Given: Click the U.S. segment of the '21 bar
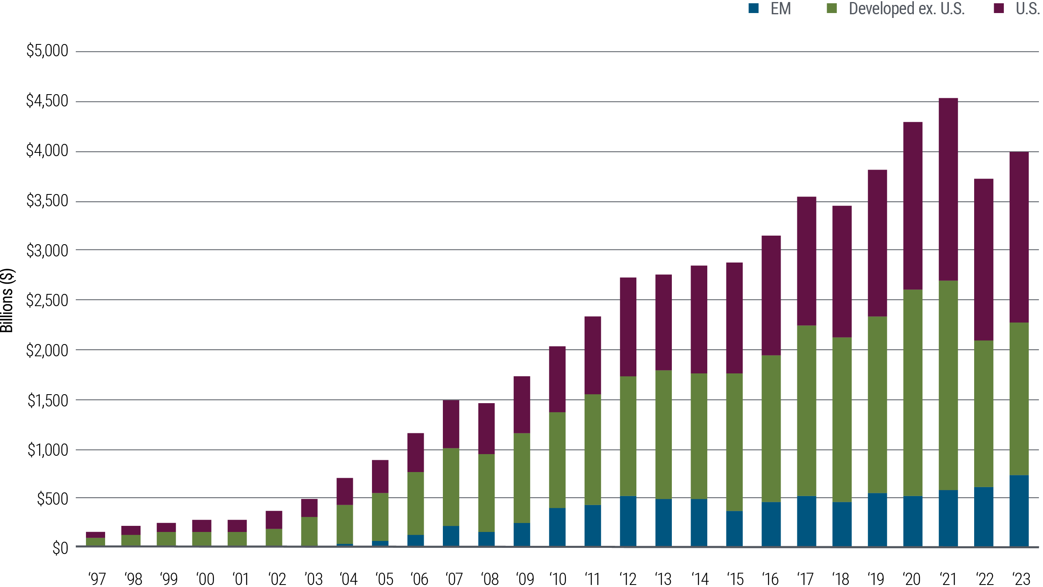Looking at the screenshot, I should pyautogui.click(x=948, y=189).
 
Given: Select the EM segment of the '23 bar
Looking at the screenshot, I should pyautogui.click(x=1019, y=510).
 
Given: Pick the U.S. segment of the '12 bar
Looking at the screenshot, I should pyautogui.click(x=628, y=327).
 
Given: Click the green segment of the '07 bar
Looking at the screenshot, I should pyautogui.click(x=451, y=487).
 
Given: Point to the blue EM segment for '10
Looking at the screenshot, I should pyautogui.click(x=557, y=527).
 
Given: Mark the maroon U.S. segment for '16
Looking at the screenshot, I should pyautogui.click(x=771, y=295).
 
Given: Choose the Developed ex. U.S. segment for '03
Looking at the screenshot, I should pyautogui.click(x=309, y=531).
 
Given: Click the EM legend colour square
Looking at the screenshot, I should pyautogui.click(x=753, y=8).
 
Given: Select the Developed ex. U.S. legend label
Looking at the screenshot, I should pyautogui.click(x=907, y=8).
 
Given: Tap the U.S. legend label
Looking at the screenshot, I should pyautogui.click(x=1027, y=8).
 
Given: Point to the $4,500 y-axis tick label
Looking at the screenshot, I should pyautogui.click(x=47, y=101).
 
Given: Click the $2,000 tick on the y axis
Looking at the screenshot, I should pyautogui.click(x=47, y=350).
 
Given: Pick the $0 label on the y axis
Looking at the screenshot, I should pyautogui.click(x=60, y=548).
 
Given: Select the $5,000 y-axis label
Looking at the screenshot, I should pyautogui.click(x=47, y=51).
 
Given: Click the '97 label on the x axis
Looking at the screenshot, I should pyautogui.click(x=97, y=579).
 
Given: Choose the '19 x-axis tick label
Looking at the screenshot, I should pyautogui.click(x=876, y=579).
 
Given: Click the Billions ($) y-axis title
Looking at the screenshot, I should pyautogui.click(x=7, y=300).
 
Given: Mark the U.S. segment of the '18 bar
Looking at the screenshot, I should pyautogui.click(x=842, y=271).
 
